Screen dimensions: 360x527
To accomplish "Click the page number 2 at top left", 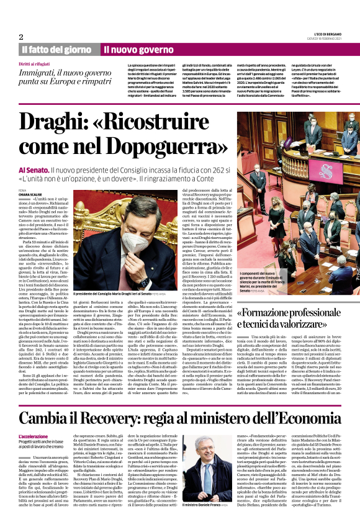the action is (21, 37).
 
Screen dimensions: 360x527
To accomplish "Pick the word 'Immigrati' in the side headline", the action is (41, 73).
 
